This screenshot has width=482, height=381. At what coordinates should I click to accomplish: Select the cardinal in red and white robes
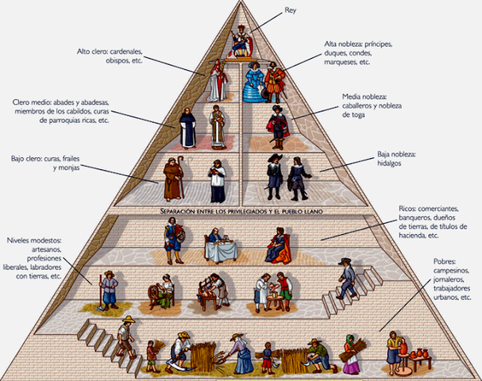pos(216,80)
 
